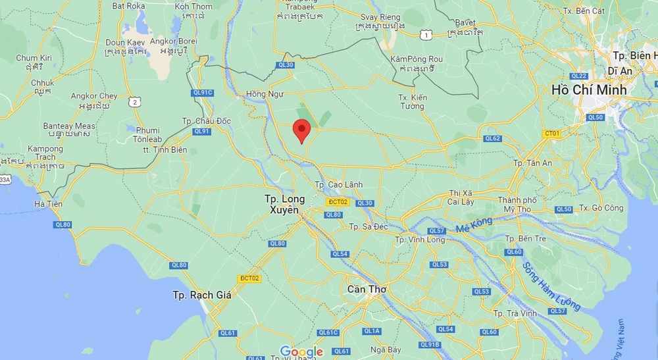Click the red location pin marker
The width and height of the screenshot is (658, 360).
(x=301, y=130)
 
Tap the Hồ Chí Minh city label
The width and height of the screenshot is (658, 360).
(x=589, y=90)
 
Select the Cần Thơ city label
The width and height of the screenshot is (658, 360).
(x=367, y=289)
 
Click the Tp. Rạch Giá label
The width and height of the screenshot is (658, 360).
(x=201, y=295)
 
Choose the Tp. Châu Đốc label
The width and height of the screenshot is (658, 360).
(x=206, y=121)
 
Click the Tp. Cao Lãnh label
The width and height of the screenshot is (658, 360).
(x=338, y=185)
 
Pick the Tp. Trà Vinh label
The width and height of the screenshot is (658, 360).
(x=517, y=313)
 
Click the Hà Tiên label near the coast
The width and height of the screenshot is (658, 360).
(x=49, y=204)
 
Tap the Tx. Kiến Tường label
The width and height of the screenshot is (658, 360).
(x=413, y=102)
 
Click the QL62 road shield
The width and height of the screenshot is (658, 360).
(x=492, y=138)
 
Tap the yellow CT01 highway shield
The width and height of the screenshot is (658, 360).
(x=551, y=134)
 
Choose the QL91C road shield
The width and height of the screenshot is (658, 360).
(x=203, y=93)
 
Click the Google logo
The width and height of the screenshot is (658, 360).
(x=301, y=351)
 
